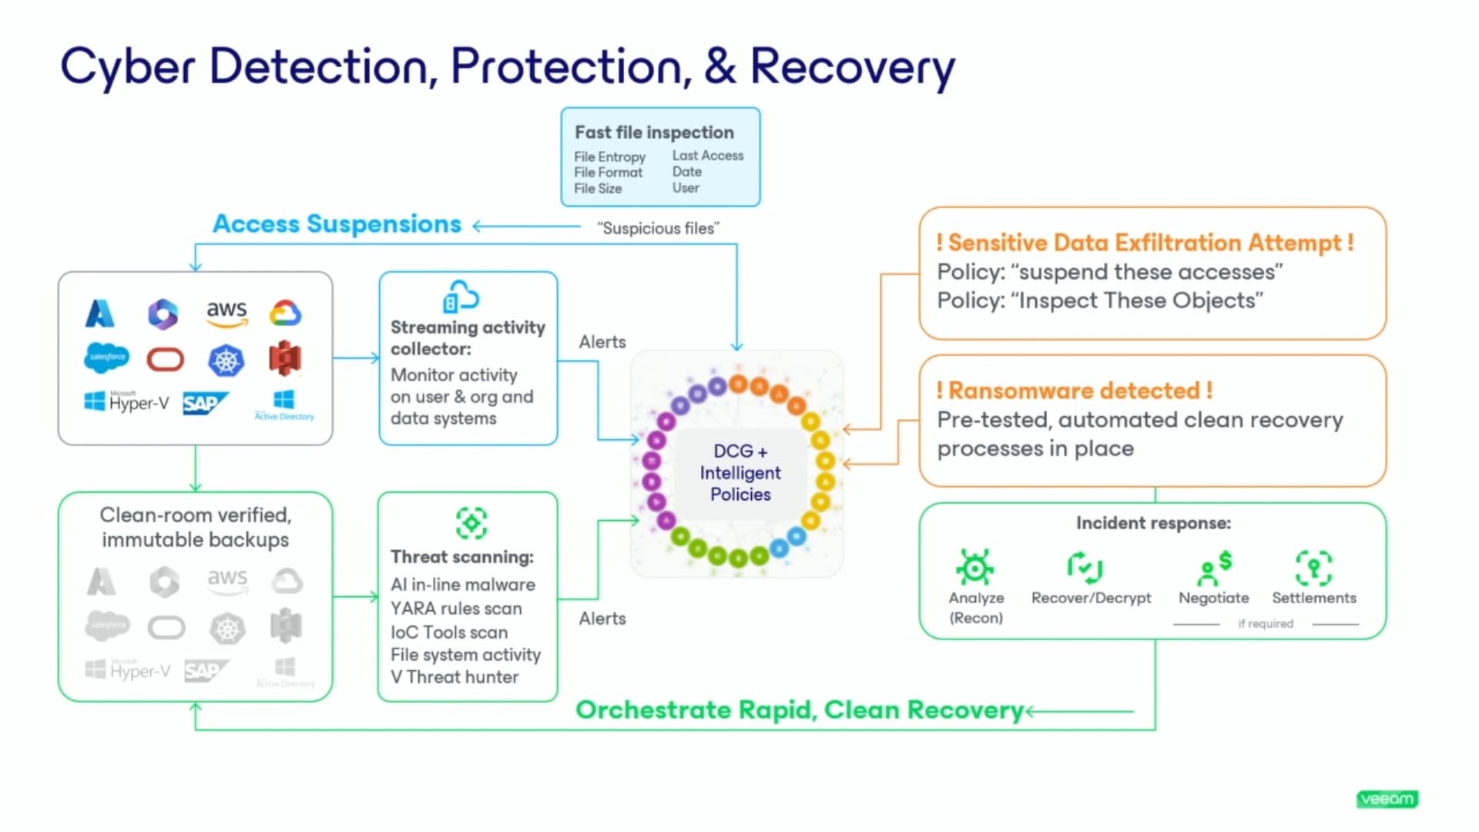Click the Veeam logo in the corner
pyautogui.click(x=1387, y=799)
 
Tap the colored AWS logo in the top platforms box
pyautogui.click(x=226, y=313)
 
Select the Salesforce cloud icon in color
pyautogui.click(x=106, y=357)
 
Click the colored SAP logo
pyautogui.click(x=204, y=403)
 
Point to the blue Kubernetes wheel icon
pyautogui.click(x=226, y=361)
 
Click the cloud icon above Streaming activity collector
pyautogui.click(x=461, y=297)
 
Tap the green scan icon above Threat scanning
pyautogui.click(x=471, y=523)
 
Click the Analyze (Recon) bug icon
pyautogui.click(x=974, y=569)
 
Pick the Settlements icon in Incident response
pyautogui.click(x=1313, y=569)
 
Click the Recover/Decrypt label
pyautogui.click(x=1091, y=598)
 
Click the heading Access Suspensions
pyautogui.click(x=337, y=224)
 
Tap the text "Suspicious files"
pyautogui.click(x=658, y=228)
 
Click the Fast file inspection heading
pyautogui.click(x=654, y=133)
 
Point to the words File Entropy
pyautogui.click(x=609, y=156)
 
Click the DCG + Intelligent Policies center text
pyautogui.click(x=739, y=472)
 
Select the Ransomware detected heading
pyautogui.click(x=1074, y=391)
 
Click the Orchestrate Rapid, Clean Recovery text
pyautogui.click(x=799, y=710)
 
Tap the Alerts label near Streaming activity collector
pyautogui.click(x=602, y=342)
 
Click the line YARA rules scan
pyautogui.click(x=456, y=609)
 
